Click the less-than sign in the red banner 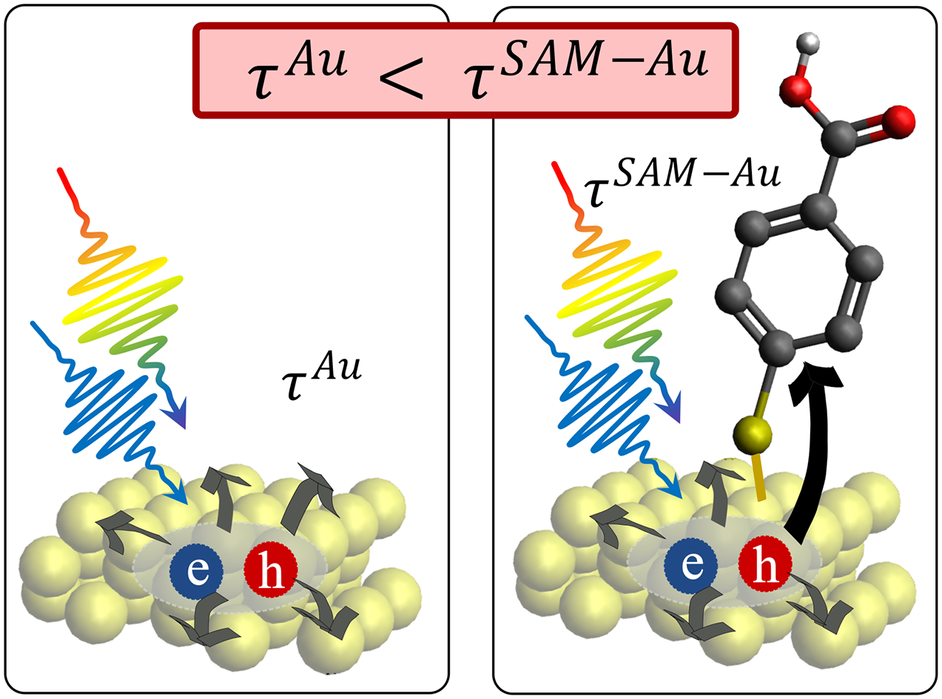(401, 78)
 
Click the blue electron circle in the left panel (196, 572)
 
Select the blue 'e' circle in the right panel (691, 567)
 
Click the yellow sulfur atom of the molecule (752, 435)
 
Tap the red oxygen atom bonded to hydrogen (795, 90)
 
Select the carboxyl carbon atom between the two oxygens (839, 138)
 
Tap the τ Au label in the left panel (321, 376)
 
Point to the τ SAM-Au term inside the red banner (585, 70)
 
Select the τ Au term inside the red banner (297, 71)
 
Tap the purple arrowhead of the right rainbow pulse (669, 407)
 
